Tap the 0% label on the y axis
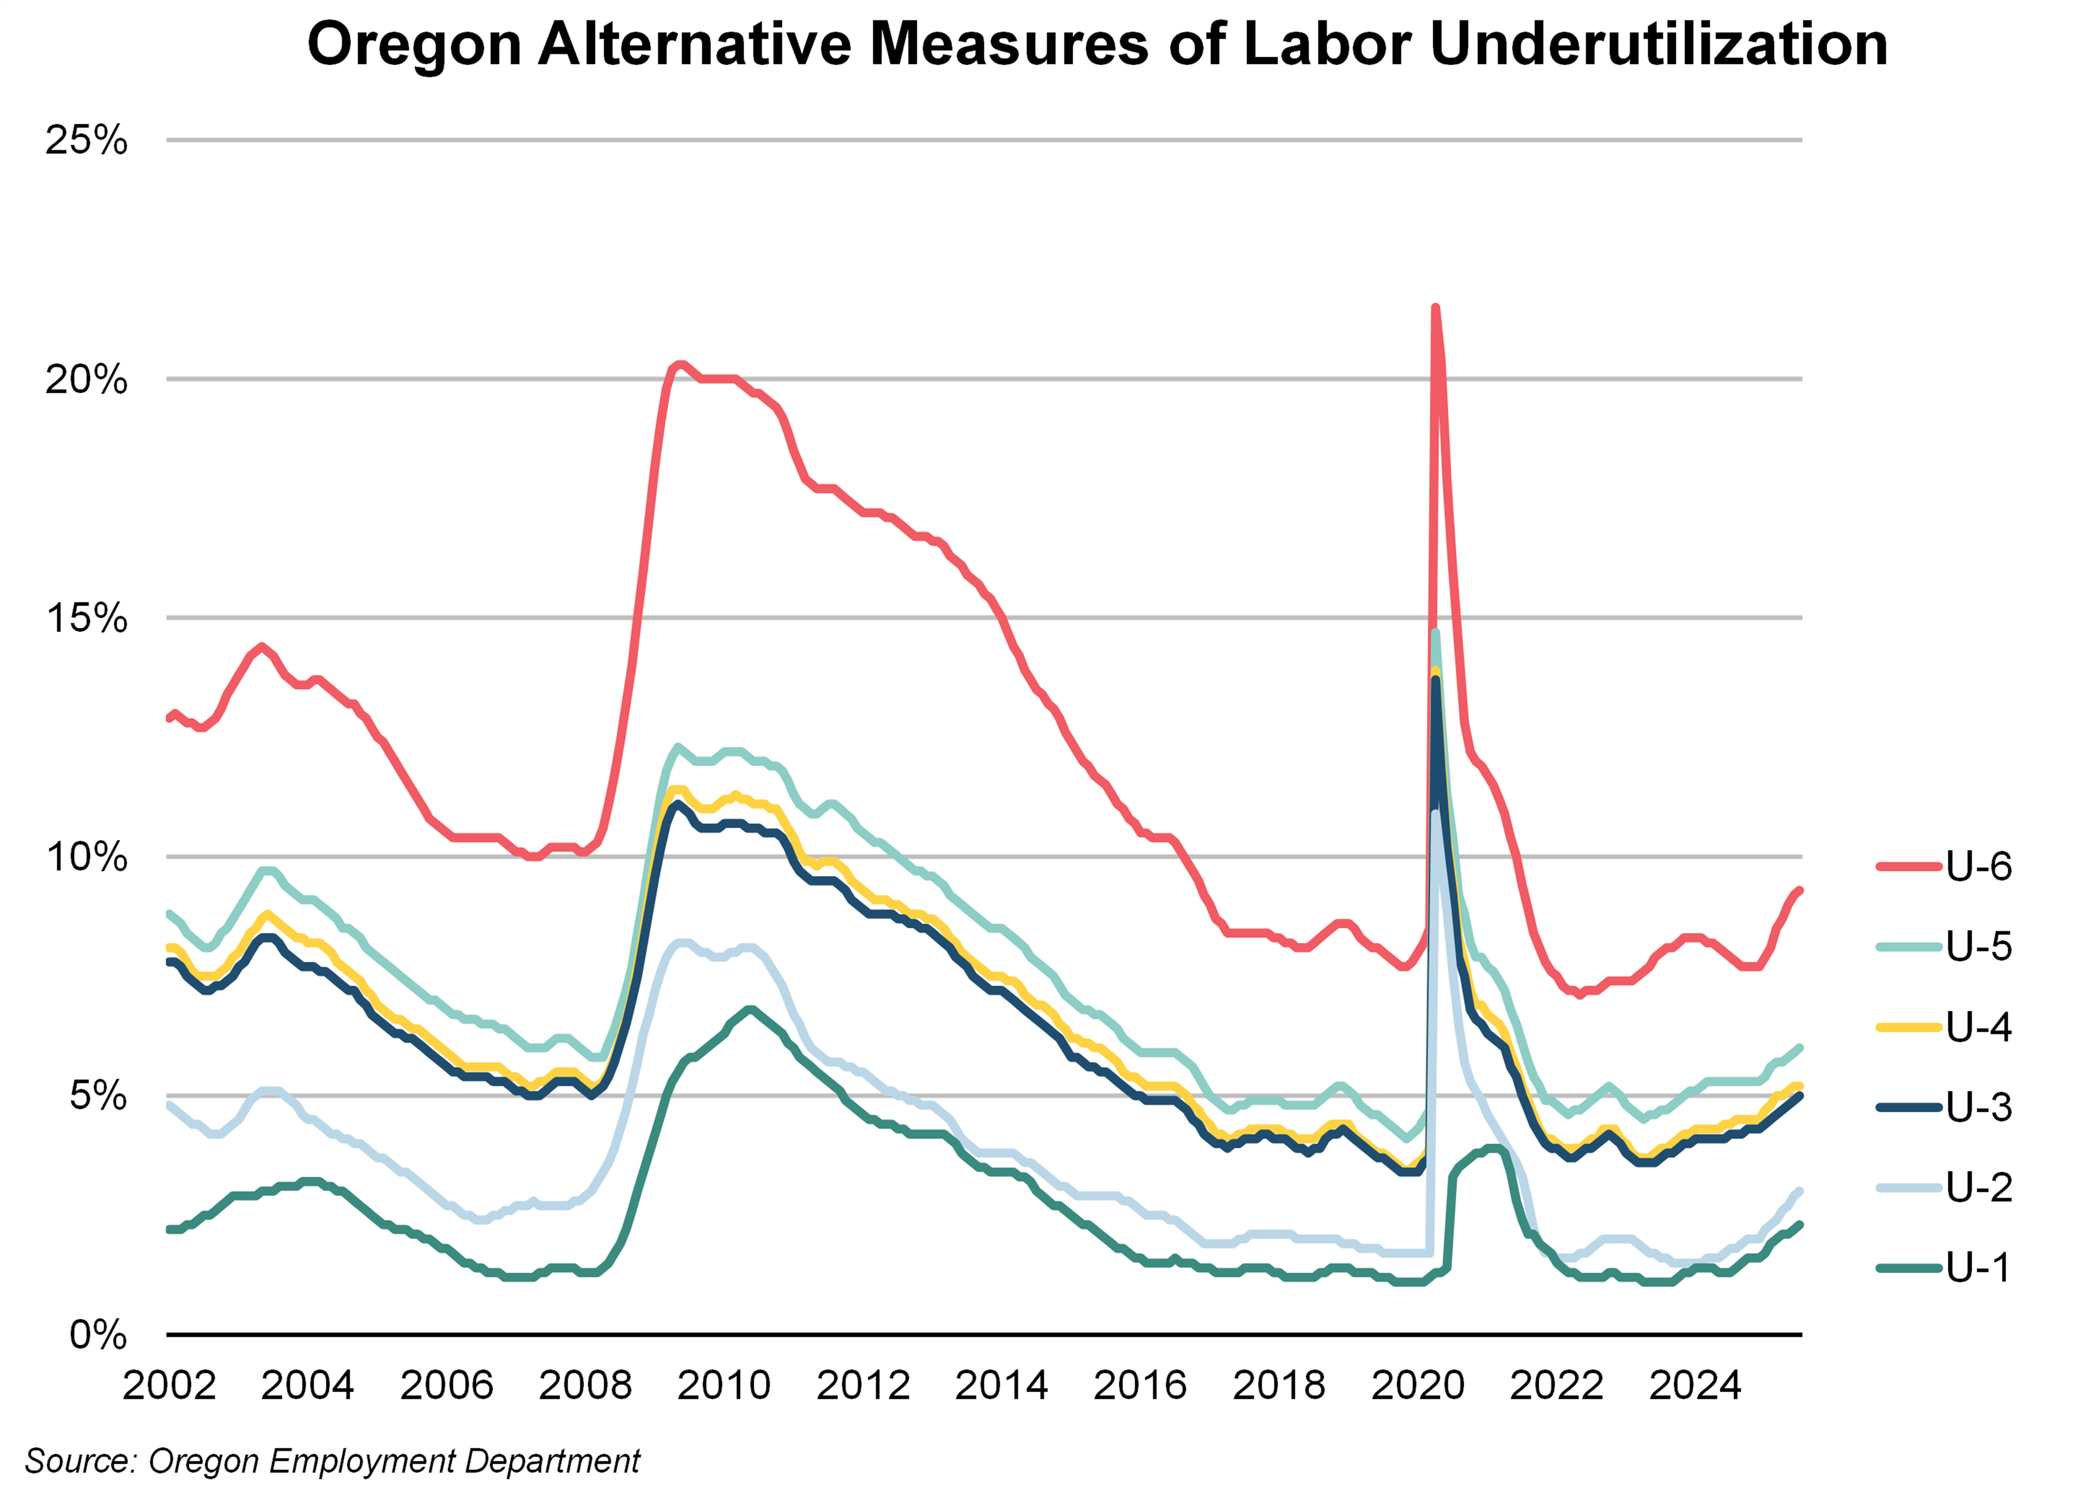click(98, 1335)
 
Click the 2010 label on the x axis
click(724, 1385)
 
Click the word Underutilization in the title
click(1658, 44)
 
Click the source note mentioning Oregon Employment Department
click(332, 1461)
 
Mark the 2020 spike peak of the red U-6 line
click(1435, 308)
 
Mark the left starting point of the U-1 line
click(169, 1229)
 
